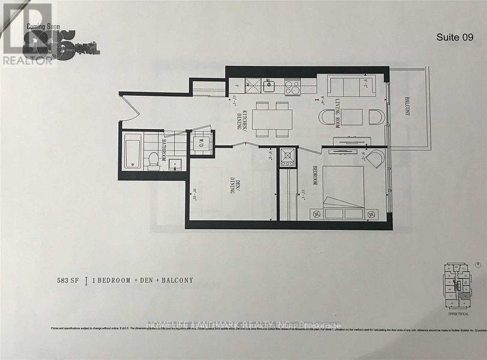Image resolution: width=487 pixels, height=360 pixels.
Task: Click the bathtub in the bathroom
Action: click(x=133, y=152)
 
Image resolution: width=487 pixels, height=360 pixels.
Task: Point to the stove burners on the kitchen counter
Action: click(x=292, y=88)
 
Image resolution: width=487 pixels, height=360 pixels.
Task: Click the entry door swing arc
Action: click(x=133, y=108)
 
